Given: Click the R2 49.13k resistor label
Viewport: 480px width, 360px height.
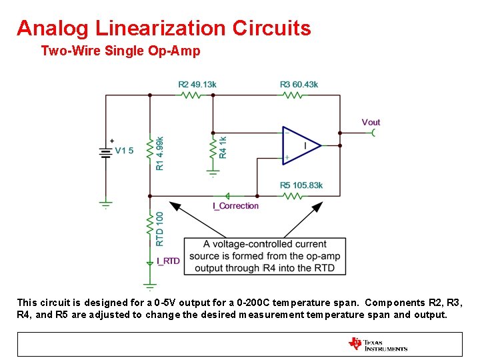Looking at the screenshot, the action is coord(197,85).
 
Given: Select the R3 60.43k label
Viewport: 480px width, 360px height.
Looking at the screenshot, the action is coord(299,85).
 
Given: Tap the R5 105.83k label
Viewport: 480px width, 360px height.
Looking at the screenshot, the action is coord(301,185).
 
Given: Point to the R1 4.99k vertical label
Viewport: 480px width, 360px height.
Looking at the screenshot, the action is coord(159,153).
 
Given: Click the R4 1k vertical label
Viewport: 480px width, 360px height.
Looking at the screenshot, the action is coord(223,147).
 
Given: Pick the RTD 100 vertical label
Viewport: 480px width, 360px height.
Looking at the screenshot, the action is coord(160,228).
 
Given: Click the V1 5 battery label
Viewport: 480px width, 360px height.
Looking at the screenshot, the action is coord(124,151).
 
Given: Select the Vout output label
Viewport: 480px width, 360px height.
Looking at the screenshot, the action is coord(371,122).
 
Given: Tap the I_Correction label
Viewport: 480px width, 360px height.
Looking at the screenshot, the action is coord(235,206).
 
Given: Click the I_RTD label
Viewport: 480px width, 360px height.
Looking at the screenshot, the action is coord(168,261).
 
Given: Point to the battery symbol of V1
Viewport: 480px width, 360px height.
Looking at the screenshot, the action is coord(105,152).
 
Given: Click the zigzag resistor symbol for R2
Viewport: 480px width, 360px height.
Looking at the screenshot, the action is coord(191,95).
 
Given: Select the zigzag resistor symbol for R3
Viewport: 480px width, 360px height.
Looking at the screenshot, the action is coord(292,95).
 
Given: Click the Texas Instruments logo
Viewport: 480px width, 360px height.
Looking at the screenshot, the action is coord(377,345).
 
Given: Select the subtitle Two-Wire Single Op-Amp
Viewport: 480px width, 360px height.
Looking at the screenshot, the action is coord(120,51).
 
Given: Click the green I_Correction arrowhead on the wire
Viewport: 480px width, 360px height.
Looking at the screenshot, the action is coord(227,196).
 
